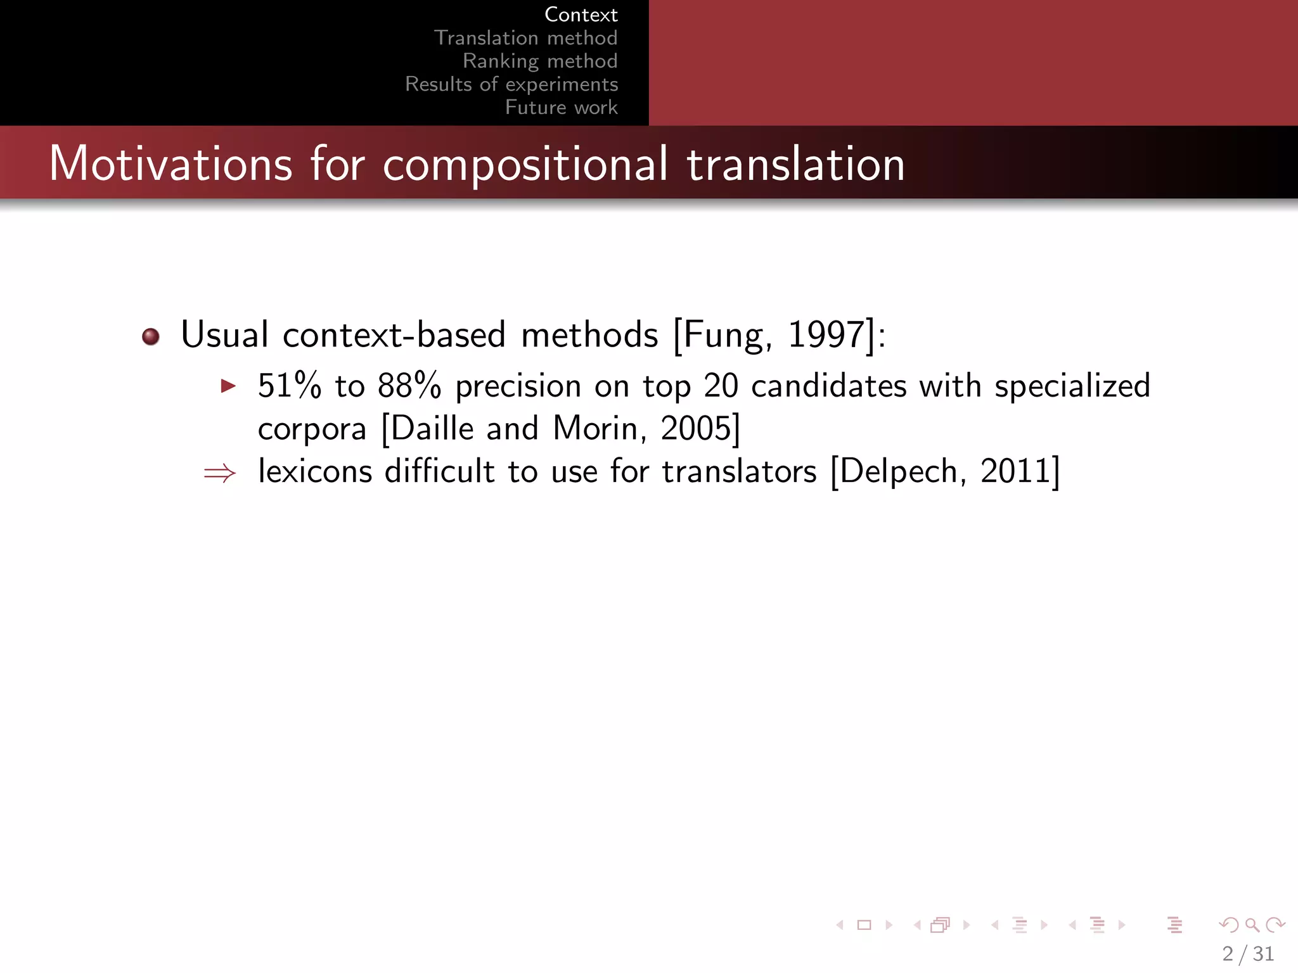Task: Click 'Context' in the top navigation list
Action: (581, 15)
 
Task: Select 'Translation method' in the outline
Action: (525, 38)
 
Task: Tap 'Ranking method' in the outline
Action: (540, 61)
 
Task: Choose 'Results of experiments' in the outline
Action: (511, 84)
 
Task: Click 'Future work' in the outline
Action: (561, 107)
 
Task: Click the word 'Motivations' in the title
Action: (170, 164)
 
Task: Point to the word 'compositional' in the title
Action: (525, 164)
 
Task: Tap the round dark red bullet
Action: (151, 336)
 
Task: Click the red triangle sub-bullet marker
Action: (228, 386)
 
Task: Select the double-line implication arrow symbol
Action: (220, 473)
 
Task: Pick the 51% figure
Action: (289, 386)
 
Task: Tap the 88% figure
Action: (409, 386)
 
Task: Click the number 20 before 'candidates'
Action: (721, 386)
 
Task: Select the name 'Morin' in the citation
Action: (594, 429)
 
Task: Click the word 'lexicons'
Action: (315, 471)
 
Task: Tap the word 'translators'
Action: (739, 471)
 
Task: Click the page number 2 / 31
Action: (1248, 953)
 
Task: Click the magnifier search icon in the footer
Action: (1252, 925)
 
